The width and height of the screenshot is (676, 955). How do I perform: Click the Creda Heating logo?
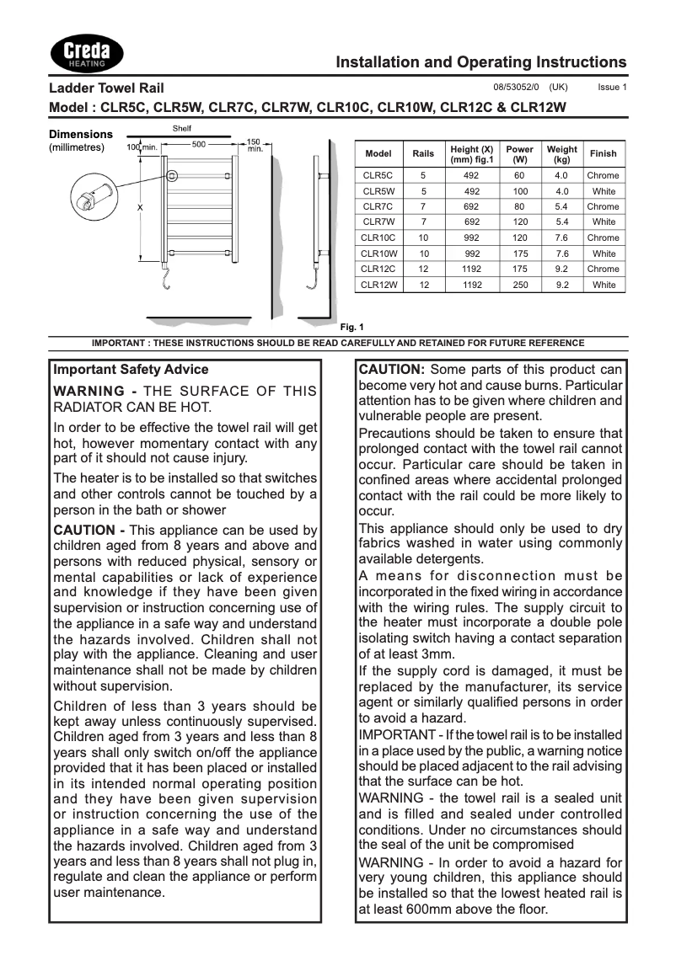[88, 54]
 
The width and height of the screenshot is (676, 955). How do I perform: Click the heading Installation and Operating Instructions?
[480, 62]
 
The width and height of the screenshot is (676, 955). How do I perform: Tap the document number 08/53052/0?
[515, 88]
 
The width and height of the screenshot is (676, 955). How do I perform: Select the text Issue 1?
[612, 88]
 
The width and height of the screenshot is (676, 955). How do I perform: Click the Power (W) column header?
[519, 154]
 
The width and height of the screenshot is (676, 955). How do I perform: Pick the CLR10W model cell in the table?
[378, 253]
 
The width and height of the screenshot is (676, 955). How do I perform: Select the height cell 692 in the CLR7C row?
[472, 206]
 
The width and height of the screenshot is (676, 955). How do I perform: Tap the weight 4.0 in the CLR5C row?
[561, 175]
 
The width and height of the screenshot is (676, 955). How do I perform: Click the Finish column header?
[603, 154]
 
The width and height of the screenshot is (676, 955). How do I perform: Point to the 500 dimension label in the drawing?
[199, 144]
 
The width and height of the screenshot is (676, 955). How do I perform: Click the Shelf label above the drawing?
[181, 129]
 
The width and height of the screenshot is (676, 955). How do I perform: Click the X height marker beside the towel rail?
[140, 207]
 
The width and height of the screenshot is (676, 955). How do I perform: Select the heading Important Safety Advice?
[131, 370]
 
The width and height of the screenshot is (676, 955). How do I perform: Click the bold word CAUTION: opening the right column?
[392, 370]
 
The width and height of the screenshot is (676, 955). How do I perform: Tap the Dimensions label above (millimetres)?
[81, 134]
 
